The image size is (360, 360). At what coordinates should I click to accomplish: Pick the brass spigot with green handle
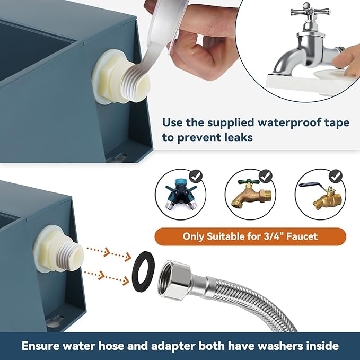[249, 197]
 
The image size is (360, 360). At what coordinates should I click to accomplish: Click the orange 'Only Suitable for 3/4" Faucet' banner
[250, 236]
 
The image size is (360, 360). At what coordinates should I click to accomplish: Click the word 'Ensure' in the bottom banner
[43, 346]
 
